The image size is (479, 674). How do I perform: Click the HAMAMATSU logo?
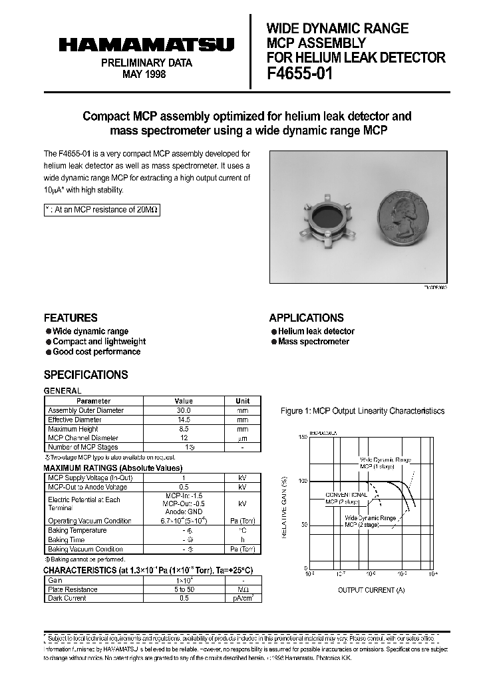click(146, 45)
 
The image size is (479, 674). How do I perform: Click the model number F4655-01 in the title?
click(299, 74)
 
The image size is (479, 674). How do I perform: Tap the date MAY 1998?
click(144, 74)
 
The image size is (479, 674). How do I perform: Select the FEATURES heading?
click(71, 318)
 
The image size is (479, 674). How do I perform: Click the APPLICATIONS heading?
click(306, 318)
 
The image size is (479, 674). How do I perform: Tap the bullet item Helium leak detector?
click(316, 331)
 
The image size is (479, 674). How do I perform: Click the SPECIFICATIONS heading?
click(86, 374)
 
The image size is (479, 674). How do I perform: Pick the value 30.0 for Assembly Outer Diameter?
click(183, 410)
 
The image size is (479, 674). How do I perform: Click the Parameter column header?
click(94, 401)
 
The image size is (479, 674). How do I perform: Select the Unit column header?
click(243, 401)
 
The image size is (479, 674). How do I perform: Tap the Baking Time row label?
click(67, 539)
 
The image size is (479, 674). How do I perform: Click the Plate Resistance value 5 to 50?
click(183, 589)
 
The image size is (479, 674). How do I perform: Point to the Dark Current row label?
click(67, 598)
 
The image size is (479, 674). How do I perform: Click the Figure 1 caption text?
click(363, 411)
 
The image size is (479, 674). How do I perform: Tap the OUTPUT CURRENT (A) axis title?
click(371, 590)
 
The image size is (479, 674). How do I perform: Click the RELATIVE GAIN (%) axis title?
click(284, 507)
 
